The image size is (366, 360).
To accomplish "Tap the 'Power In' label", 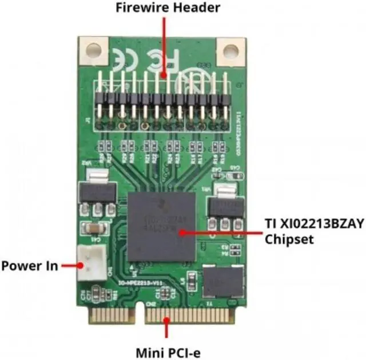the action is (29, 266).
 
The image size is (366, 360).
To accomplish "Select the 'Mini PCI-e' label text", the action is (168, 350).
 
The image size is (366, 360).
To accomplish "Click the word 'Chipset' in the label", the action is (289, 239).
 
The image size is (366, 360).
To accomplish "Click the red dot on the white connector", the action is (80, 266).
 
